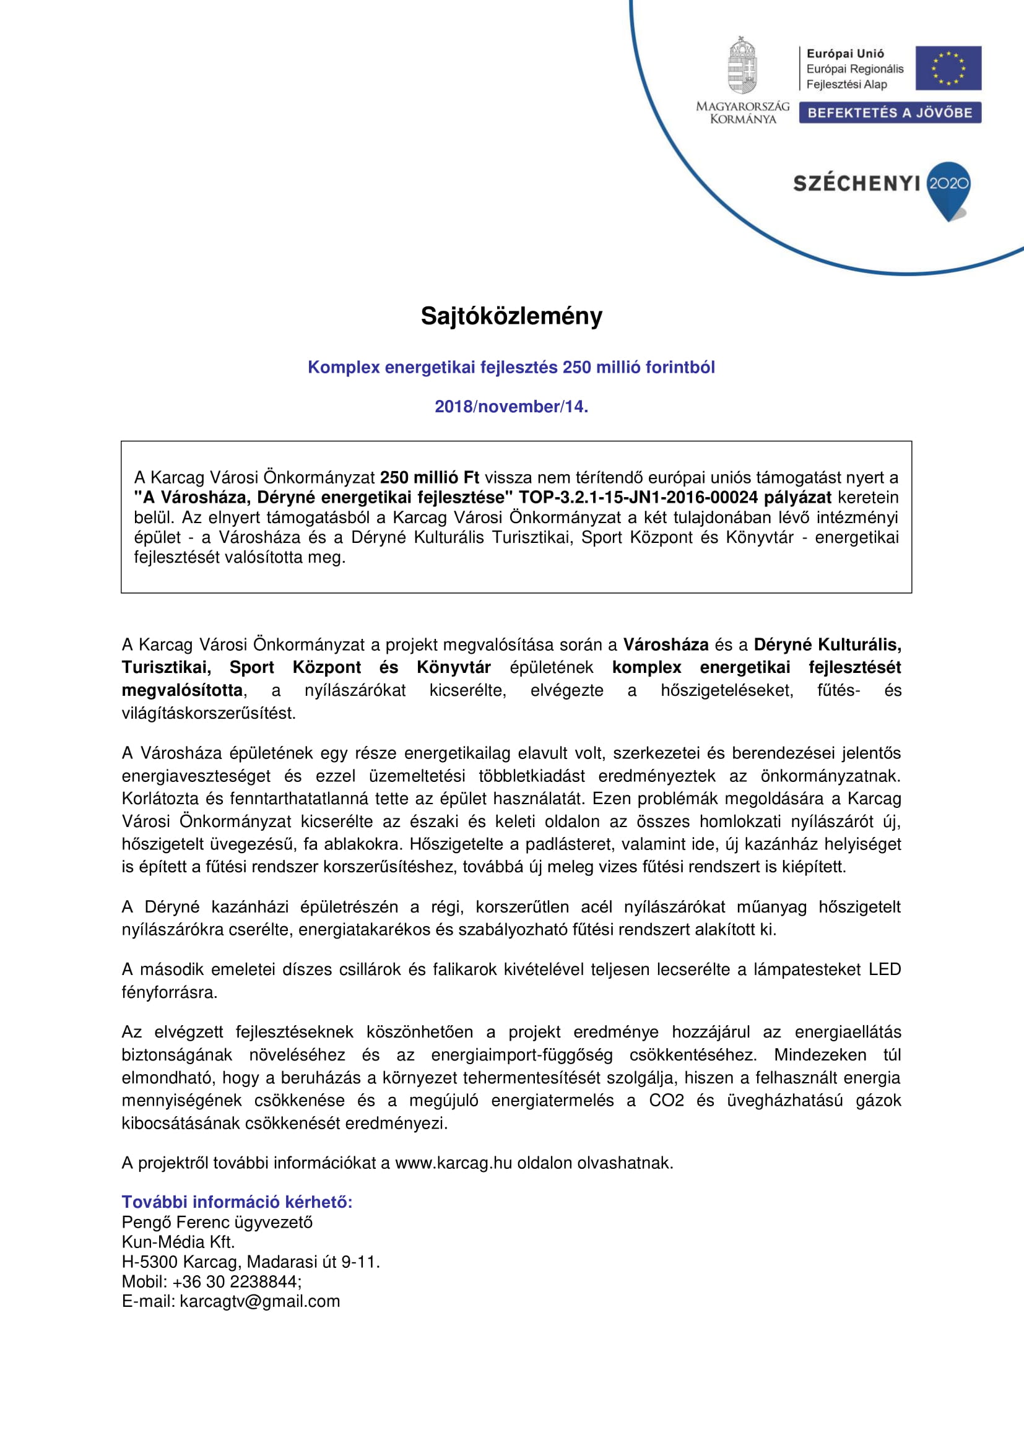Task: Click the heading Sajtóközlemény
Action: tap(511, 316)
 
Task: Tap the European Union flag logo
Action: tap(948, 68)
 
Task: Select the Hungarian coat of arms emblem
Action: tap(743, 66)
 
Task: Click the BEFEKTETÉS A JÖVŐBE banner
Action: tap(890, 113)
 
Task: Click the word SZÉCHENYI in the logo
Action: tap(856, 183)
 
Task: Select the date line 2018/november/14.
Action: tap(511, 407)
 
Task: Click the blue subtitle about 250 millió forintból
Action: tap(511, 368)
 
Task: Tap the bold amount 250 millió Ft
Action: tap(430, 477)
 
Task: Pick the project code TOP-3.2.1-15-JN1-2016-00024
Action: tap(638, 498)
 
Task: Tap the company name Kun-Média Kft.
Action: tap(178, 1242)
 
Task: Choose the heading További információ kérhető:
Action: tap(237, 1202)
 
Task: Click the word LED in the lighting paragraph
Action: tap(885, 969)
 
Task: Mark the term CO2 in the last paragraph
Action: tap(667, 1101)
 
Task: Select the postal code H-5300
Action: tap(149, 1262)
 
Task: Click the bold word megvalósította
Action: tap(182, 691)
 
